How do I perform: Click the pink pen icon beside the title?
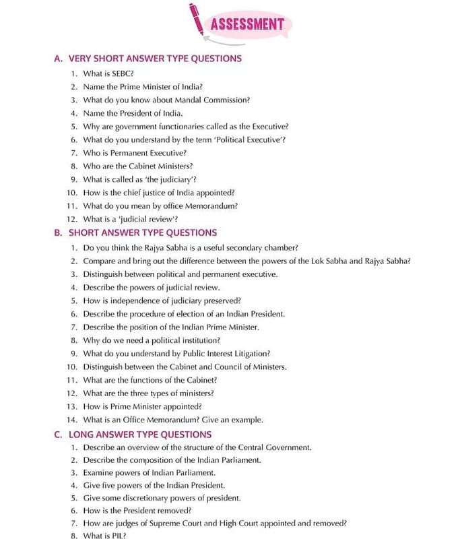[197, 19]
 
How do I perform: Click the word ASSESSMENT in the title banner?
[247, 25]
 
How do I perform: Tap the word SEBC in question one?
[122, 73]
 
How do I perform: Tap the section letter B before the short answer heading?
[58, 233]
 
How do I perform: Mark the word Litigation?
[250, 353]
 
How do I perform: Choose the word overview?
[143, 447]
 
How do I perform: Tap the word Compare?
[98, 261]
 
